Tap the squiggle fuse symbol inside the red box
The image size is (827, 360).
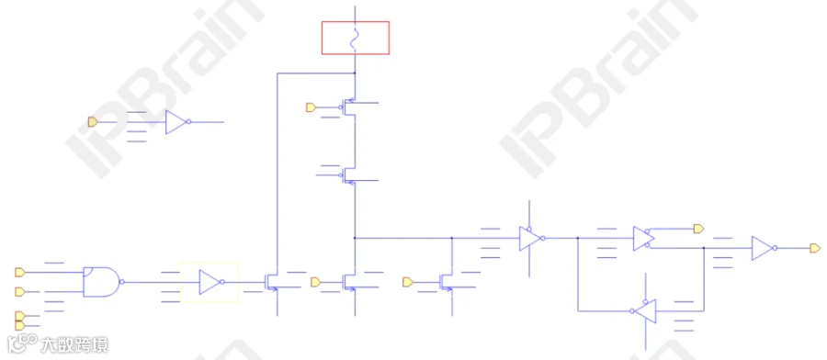pyautogui.click(x=355, y=38)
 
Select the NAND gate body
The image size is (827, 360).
pyautogui.click(x=100, y=282)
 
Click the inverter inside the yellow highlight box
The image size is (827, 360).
pyautogui.click(x=210, y=282)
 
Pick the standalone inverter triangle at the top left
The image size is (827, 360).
pyautogui.click(x=176, y=122)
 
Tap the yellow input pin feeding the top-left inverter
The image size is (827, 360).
pyautogui.click(x=92, y=122)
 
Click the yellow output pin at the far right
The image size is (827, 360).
pyautogui.click(x=815, y=248)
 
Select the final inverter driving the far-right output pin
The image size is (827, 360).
pyautogui.click(x=763, y=248)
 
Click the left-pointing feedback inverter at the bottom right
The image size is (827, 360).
pyautogui.click(x=644, y=311)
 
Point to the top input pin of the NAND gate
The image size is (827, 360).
pyautogui.click(x=19, y=272)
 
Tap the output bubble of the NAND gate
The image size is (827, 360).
pyautogui.click(x=122, y=282)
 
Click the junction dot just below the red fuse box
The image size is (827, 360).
pyautogui.click(x=355, y=73)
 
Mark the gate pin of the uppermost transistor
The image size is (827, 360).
pyautogui.click(x=311, y=107)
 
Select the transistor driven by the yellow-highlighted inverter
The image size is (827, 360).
pyautogui.click(x=272, y=282)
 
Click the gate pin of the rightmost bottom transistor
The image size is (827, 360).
pyautogui.click(x=407, y=282)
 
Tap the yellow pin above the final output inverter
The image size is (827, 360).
pyautogui.click(x=698, y=229)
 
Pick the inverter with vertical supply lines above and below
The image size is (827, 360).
pyautogui.click(x=530, y=238)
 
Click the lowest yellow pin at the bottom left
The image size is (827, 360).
pyautogui.click(x=19, y=326)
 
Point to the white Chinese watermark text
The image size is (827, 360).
pyautogui.click(x=74, y=345)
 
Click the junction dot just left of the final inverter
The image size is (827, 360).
pyautogui.click(x=704, y=248)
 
